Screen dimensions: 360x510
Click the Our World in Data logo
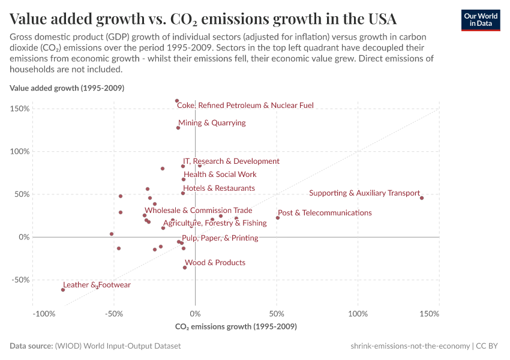pos(480,20)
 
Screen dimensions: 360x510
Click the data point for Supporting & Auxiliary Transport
pos(422,198)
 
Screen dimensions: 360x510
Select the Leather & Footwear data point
pos(63,290)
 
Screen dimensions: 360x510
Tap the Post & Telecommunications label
pos(325,213)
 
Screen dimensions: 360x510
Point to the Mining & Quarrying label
pos(212,123)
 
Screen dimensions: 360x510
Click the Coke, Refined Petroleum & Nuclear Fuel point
pos(176,101)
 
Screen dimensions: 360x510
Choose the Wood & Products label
pos(215,263)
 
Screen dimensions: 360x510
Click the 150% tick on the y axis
pos(20,109)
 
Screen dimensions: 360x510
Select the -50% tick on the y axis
pos(20,280)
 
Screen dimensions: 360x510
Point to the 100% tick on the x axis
pos(358,314)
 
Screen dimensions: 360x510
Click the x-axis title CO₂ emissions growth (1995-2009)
pos(236,327)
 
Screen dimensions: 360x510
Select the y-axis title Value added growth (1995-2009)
pos(67,88)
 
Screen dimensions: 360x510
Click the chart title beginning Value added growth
pos(203,17)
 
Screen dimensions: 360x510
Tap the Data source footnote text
pos(95,346)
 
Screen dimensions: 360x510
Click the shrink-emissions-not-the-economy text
pos(410,346)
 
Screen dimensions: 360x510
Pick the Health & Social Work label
pos(220,175)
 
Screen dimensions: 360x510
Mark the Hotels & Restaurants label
pos(219,188)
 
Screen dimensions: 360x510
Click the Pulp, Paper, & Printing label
pos(220,238)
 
